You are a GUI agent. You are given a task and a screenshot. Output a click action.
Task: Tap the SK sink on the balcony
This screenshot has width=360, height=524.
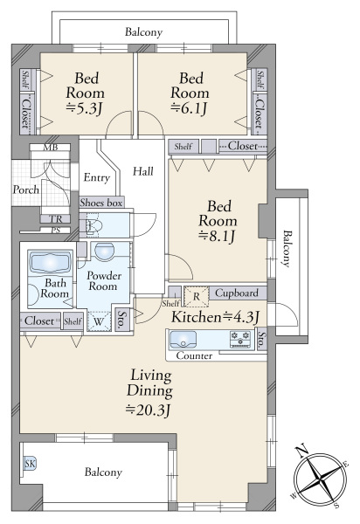tap(30, 464)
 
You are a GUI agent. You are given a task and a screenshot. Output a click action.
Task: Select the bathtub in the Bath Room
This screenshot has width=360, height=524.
tap(51, 262)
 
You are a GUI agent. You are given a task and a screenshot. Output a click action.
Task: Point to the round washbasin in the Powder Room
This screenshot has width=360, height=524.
tap(104, 252)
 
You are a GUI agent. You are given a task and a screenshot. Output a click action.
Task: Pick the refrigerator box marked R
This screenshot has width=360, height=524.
tap(197, 296)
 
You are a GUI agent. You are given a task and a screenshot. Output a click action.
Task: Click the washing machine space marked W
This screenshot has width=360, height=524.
tap(99, 321)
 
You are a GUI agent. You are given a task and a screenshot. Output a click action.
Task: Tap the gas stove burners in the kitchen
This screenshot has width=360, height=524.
tap(240, 339)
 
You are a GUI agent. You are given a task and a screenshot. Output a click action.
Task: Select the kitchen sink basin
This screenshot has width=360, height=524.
tap(183, 340)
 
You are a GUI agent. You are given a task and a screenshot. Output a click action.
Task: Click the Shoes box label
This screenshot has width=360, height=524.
tap(101, 203)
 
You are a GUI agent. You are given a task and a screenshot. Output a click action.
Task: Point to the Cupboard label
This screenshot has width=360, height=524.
tap(237, 293)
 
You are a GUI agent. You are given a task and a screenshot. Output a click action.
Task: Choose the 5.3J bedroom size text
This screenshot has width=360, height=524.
tap(84, 107)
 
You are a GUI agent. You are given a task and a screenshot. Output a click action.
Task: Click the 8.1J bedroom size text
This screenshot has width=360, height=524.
tap(217, 236)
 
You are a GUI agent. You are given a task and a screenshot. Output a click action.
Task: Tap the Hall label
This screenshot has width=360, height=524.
tap(143, 171)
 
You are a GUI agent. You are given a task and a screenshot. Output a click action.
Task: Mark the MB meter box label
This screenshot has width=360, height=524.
tap(51, 148)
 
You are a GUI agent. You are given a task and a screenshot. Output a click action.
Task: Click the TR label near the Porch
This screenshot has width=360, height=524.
tap(56, 219)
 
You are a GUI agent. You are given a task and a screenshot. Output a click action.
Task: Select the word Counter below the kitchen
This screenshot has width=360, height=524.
tap(194, 355)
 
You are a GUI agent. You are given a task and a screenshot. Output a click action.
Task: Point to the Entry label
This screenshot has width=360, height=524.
tap(97, 177)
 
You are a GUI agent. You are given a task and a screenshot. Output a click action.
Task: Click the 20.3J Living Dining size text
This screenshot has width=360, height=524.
tap(149, 409)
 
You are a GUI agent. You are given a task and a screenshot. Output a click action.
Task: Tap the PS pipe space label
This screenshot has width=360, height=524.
tap(56, 230)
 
